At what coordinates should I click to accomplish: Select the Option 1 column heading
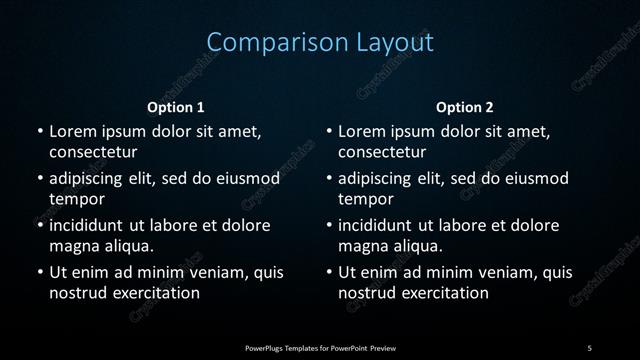(176, 107)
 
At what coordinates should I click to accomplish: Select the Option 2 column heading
(465, 107)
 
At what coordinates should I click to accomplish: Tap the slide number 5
(590, 347)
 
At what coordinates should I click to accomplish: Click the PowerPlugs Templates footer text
(320, 347)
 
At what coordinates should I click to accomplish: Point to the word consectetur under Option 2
(382, 152)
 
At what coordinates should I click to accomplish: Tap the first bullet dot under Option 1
(39, 132)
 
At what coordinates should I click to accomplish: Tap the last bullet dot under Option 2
(329, 272)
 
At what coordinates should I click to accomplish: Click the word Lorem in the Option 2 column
(362, 132)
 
